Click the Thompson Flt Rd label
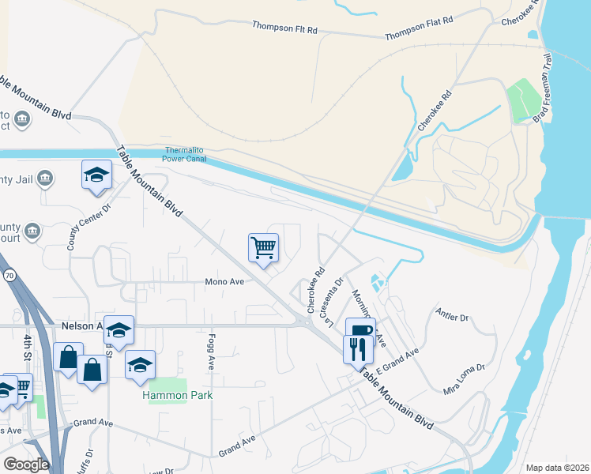284,28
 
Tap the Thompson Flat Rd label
420,28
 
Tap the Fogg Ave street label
212,352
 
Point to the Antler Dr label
452,316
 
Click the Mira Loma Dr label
464,378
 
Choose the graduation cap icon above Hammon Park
140,364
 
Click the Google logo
26,465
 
